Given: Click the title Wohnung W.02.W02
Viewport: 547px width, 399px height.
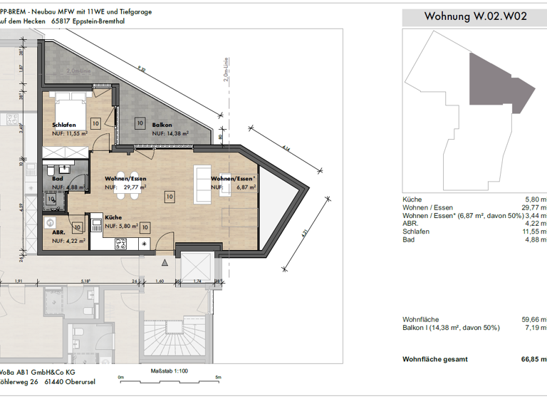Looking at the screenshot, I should click(x=475, y=16).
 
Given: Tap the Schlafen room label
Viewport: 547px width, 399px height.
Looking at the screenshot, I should click(x=64, y=125).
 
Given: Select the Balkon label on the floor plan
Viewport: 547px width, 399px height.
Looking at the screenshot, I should click(x=162, y=125).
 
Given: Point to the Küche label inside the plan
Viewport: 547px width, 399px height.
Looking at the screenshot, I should click(x=113, y=218).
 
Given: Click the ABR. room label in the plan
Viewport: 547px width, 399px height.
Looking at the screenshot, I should click(x=59, y=232).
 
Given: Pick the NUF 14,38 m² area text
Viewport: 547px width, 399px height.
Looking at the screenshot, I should click(x=170, y=133).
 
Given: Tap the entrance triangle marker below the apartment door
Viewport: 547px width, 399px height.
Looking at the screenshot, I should click(x=165, y=262).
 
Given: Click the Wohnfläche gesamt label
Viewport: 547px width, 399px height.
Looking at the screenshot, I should click(x=437, y=359).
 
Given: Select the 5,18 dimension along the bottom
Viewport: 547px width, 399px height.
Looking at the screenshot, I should click(x=85, y=281).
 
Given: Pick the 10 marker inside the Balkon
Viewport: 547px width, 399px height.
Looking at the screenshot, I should click(x=140, y=123).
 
